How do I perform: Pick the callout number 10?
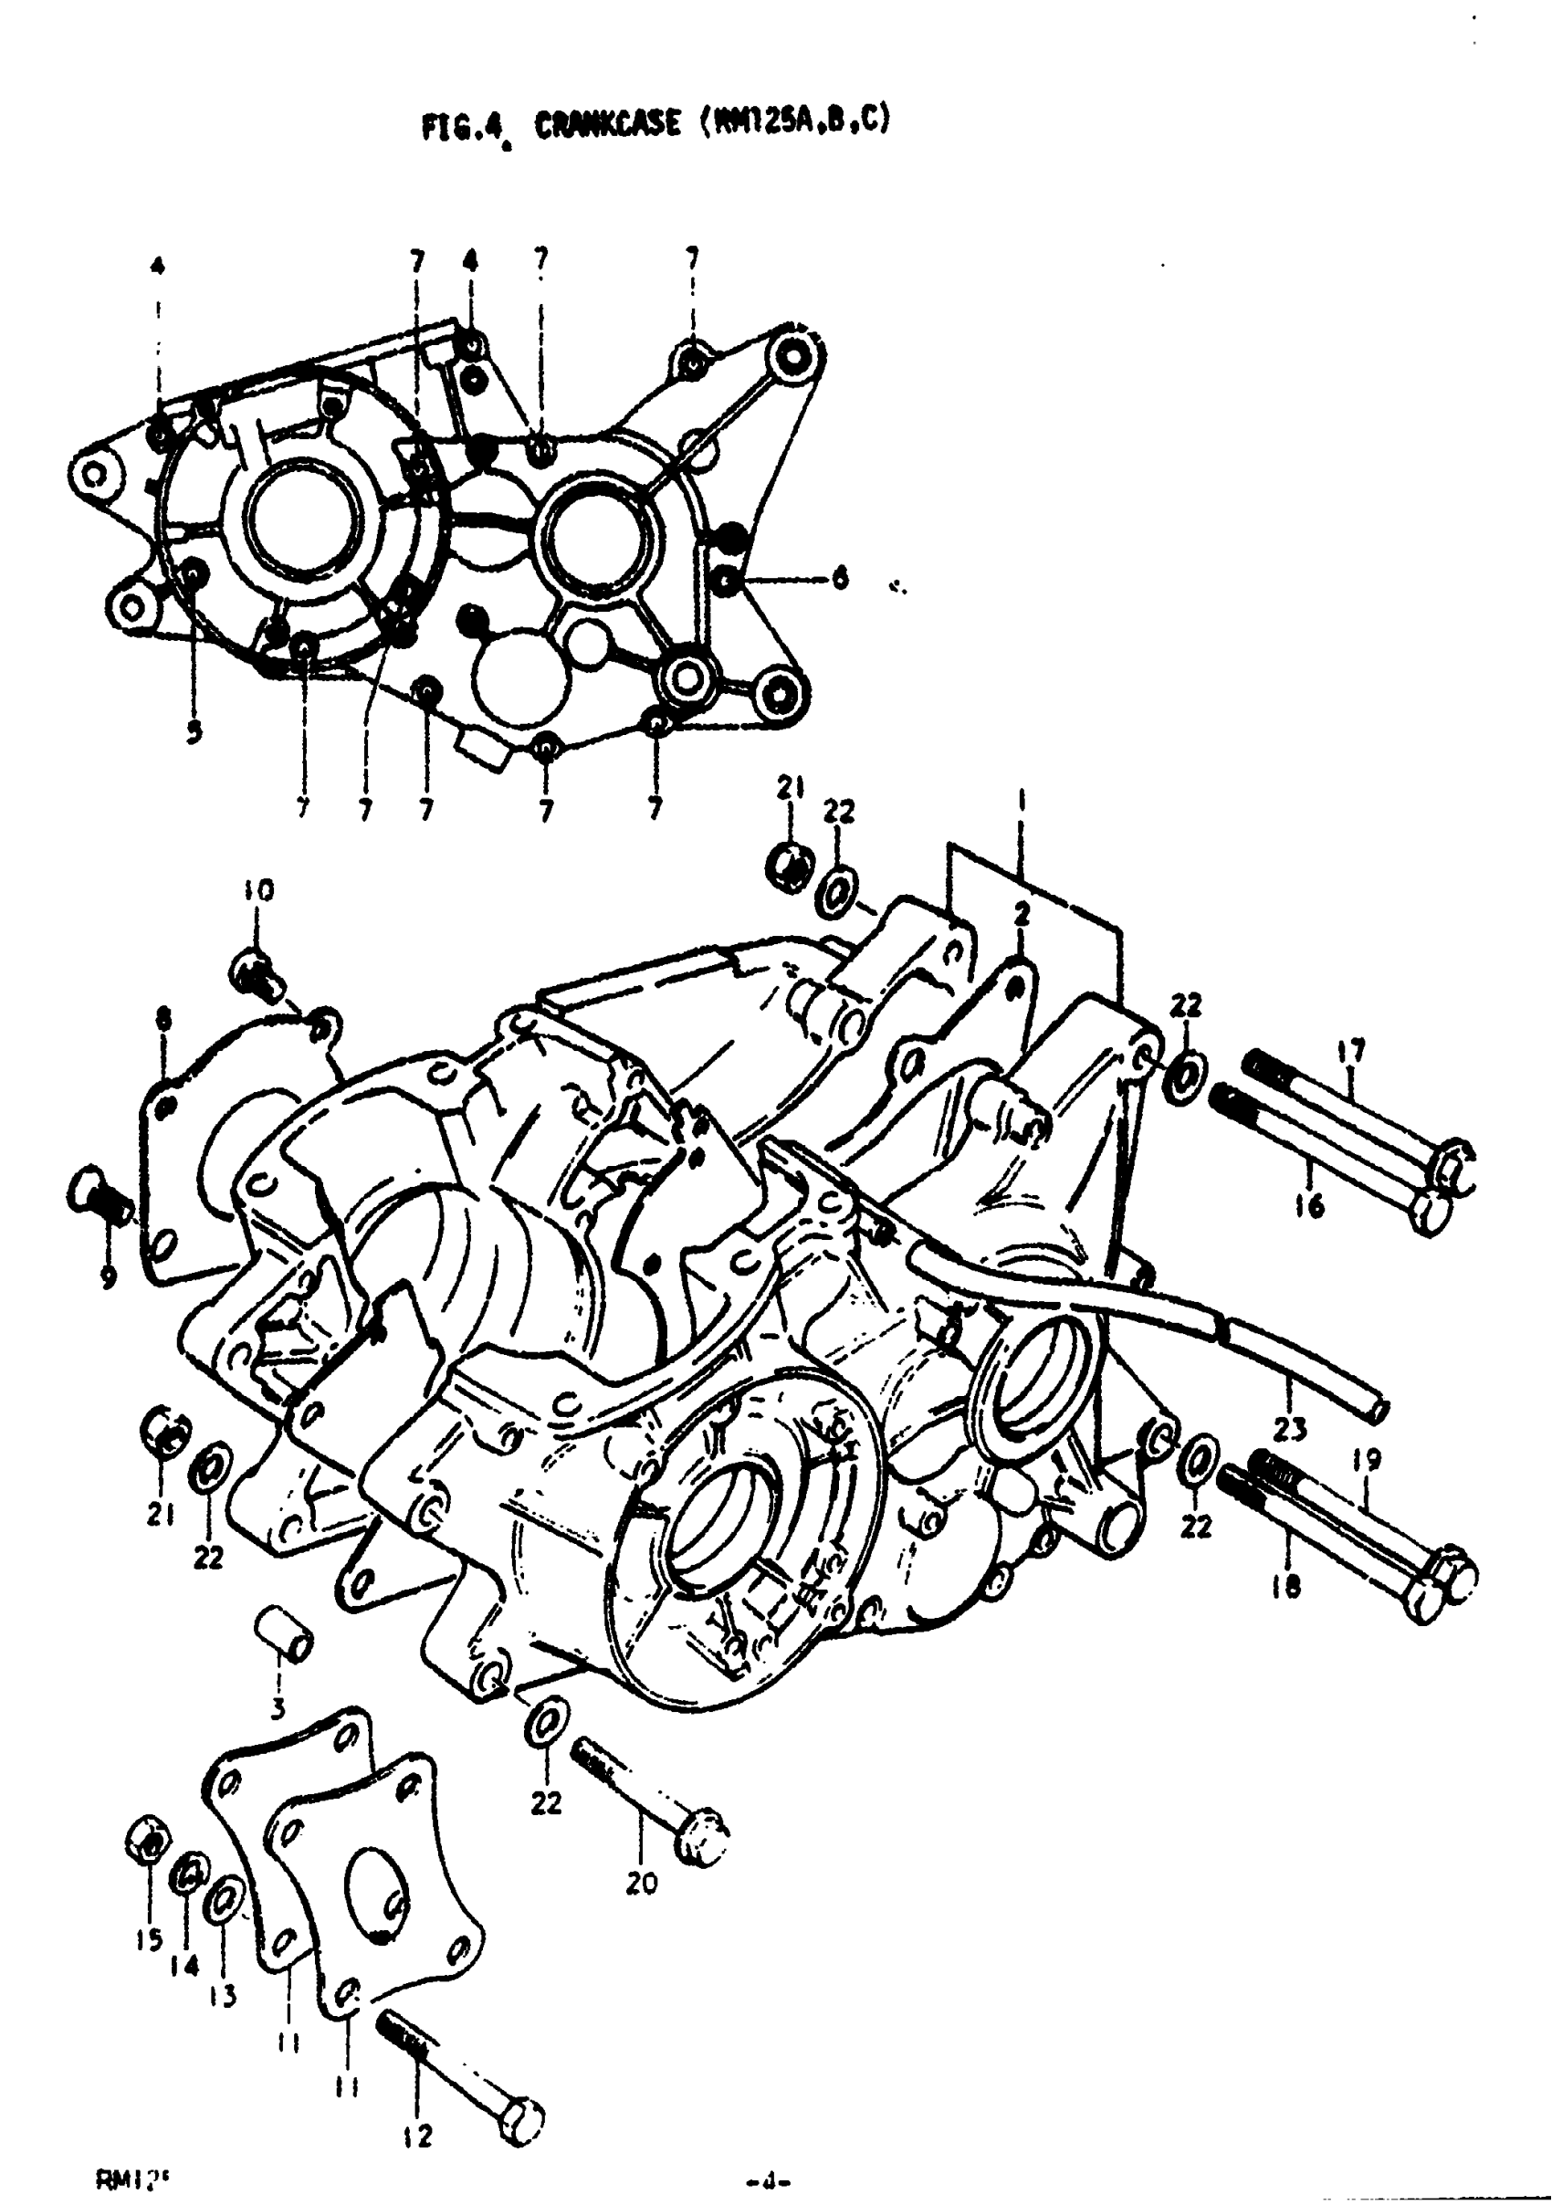[x=258, y=890]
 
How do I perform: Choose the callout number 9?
[x=109, y=1276]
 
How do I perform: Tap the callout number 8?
[x=163, y=1018]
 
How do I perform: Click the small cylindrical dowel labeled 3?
[x=285, y=1633]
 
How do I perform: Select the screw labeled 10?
[x=256, y=971]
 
